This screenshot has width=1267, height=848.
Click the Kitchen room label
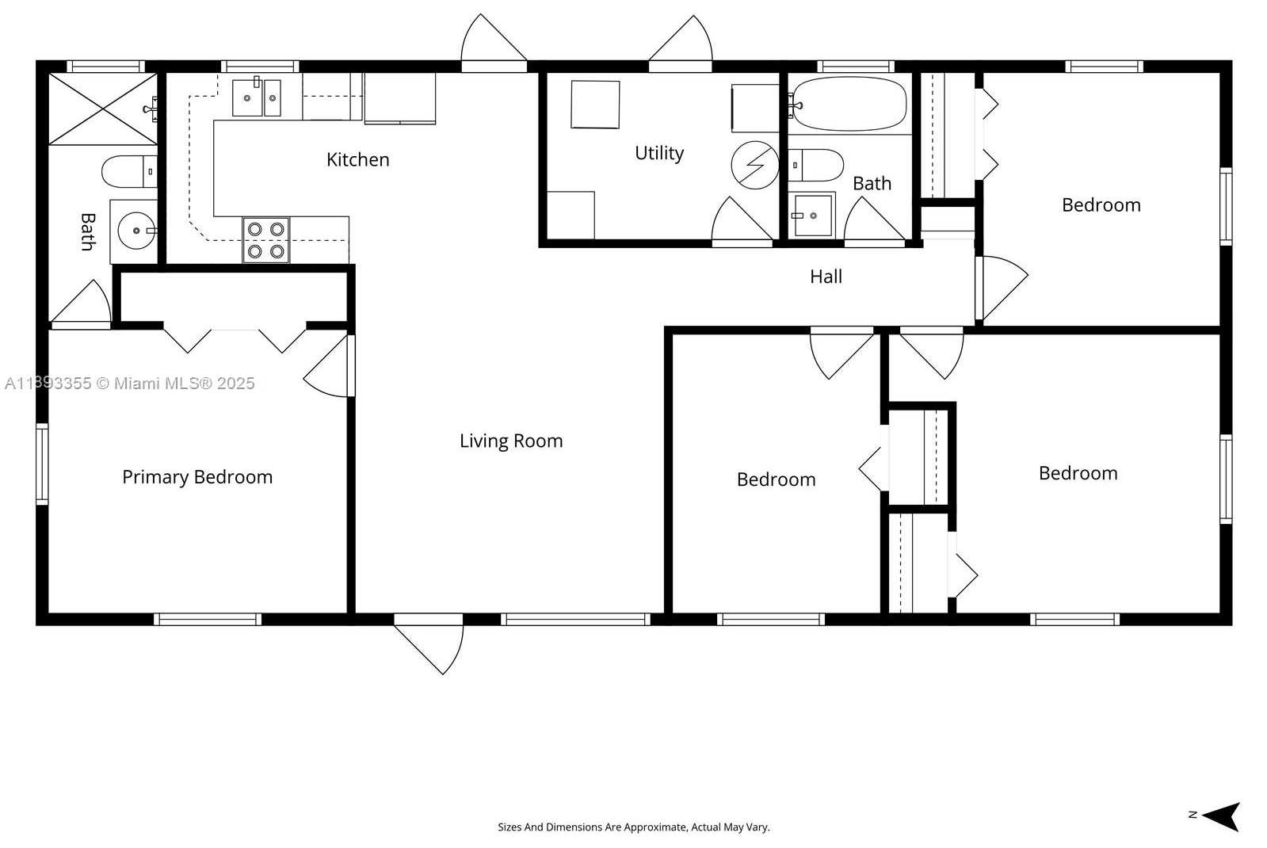tap(357, 159)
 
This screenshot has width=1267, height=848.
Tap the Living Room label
tap(511, 441)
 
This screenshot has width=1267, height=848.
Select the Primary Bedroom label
tap(197, 477)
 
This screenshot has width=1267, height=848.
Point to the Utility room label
tap(659, 153)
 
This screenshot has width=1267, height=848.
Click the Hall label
tap(826, 277)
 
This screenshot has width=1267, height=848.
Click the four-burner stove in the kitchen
tap(266, 240)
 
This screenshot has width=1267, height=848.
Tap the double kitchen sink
tap(257, 97)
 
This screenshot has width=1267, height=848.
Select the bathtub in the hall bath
tap(849, 104)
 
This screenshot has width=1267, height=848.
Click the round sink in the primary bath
tap(137, 231)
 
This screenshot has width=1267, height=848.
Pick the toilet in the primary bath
tap(129, 171)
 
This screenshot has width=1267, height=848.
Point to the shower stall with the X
tap(103, 109)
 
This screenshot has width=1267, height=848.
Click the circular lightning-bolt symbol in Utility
tap(754, 165)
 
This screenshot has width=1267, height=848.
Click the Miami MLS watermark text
tap(129, 384)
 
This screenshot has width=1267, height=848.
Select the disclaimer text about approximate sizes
tap(634, 827)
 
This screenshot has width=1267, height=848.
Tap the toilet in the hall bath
tap(815, 165)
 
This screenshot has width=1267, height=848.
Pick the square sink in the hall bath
tap(813, 216)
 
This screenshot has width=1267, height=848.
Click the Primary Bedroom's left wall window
tap(43, 464)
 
